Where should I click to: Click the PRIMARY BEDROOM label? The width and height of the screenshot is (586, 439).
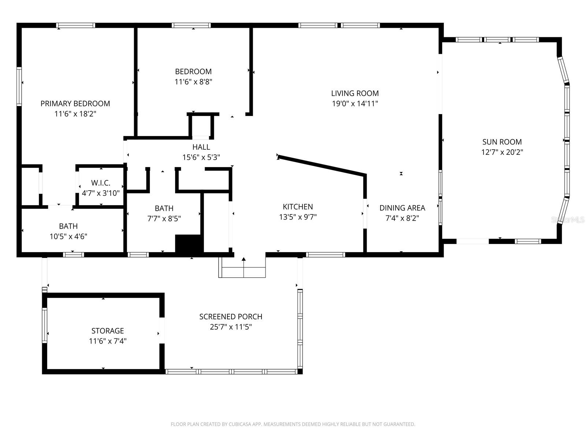(x=75, y=104)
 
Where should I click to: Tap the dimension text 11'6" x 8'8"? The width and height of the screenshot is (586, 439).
(x=193, y=82)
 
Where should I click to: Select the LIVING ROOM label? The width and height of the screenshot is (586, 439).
(x=355, y=93)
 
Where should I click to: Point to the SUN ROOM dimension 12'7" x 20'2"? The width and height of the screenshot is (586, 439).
(x=502, y=152)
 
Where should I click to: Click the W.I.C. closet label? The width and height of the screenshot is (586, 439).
(x=101, y=183)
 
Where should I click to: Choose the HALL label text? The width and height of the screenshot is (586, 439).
(x=201, y=147)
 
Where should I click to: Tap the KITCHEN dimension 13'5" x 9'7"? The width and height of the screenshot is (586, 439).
(x=298, y=217)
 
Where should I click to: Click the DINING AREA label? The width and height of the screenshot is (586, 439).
(x=402, y=208)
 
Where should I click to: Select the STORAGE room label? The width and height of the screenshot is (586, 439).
(x=108, y=331)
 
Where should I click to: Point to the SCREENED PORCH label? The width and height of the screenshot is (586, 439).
(x=231, y=317)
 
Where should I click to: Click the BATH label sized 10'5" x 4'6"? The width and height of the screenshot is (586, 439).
(x=68, y=226)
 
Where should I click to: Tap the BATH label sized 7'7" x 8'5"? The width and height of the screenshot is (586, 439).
(x=164, y=209)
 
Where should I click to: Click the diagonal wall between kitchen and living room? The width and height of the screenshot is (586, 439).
(x=322, y=166)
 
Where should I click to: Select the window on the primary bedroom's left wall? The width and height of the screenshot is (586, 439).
(x=19, y=86)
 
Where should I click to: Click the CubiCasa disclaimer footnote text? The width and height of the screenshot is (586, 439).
(x=293, y=424)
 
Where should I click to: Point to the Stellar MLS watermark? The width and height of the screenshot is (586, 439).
(x=568, y=220)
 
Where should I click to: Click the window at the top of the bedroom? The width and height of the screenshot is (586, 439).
(x=191, y=25)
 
